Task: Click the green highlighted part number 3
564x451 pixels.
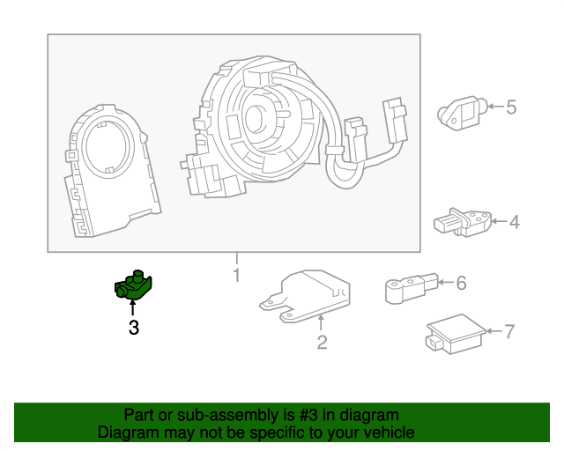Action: [134, 286]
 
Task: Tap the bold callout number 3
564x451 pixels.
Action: [134, 329]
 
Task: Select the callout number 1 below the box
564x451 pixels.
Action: [236, 276]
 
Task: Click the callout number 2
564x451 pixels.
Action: [322, 343]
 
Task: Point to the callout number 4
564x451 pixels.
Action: [514, 222]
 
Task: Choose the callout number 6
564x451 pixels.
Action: [461, 283]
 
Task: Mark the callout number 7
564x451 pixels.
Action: [508, 331]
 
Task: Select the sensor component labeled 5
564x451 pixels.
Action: [459, 109]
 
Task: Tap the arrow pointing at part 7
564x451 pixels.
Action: [492, 331]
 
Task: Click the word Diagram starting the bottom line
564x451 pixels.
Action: [126, 433]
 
